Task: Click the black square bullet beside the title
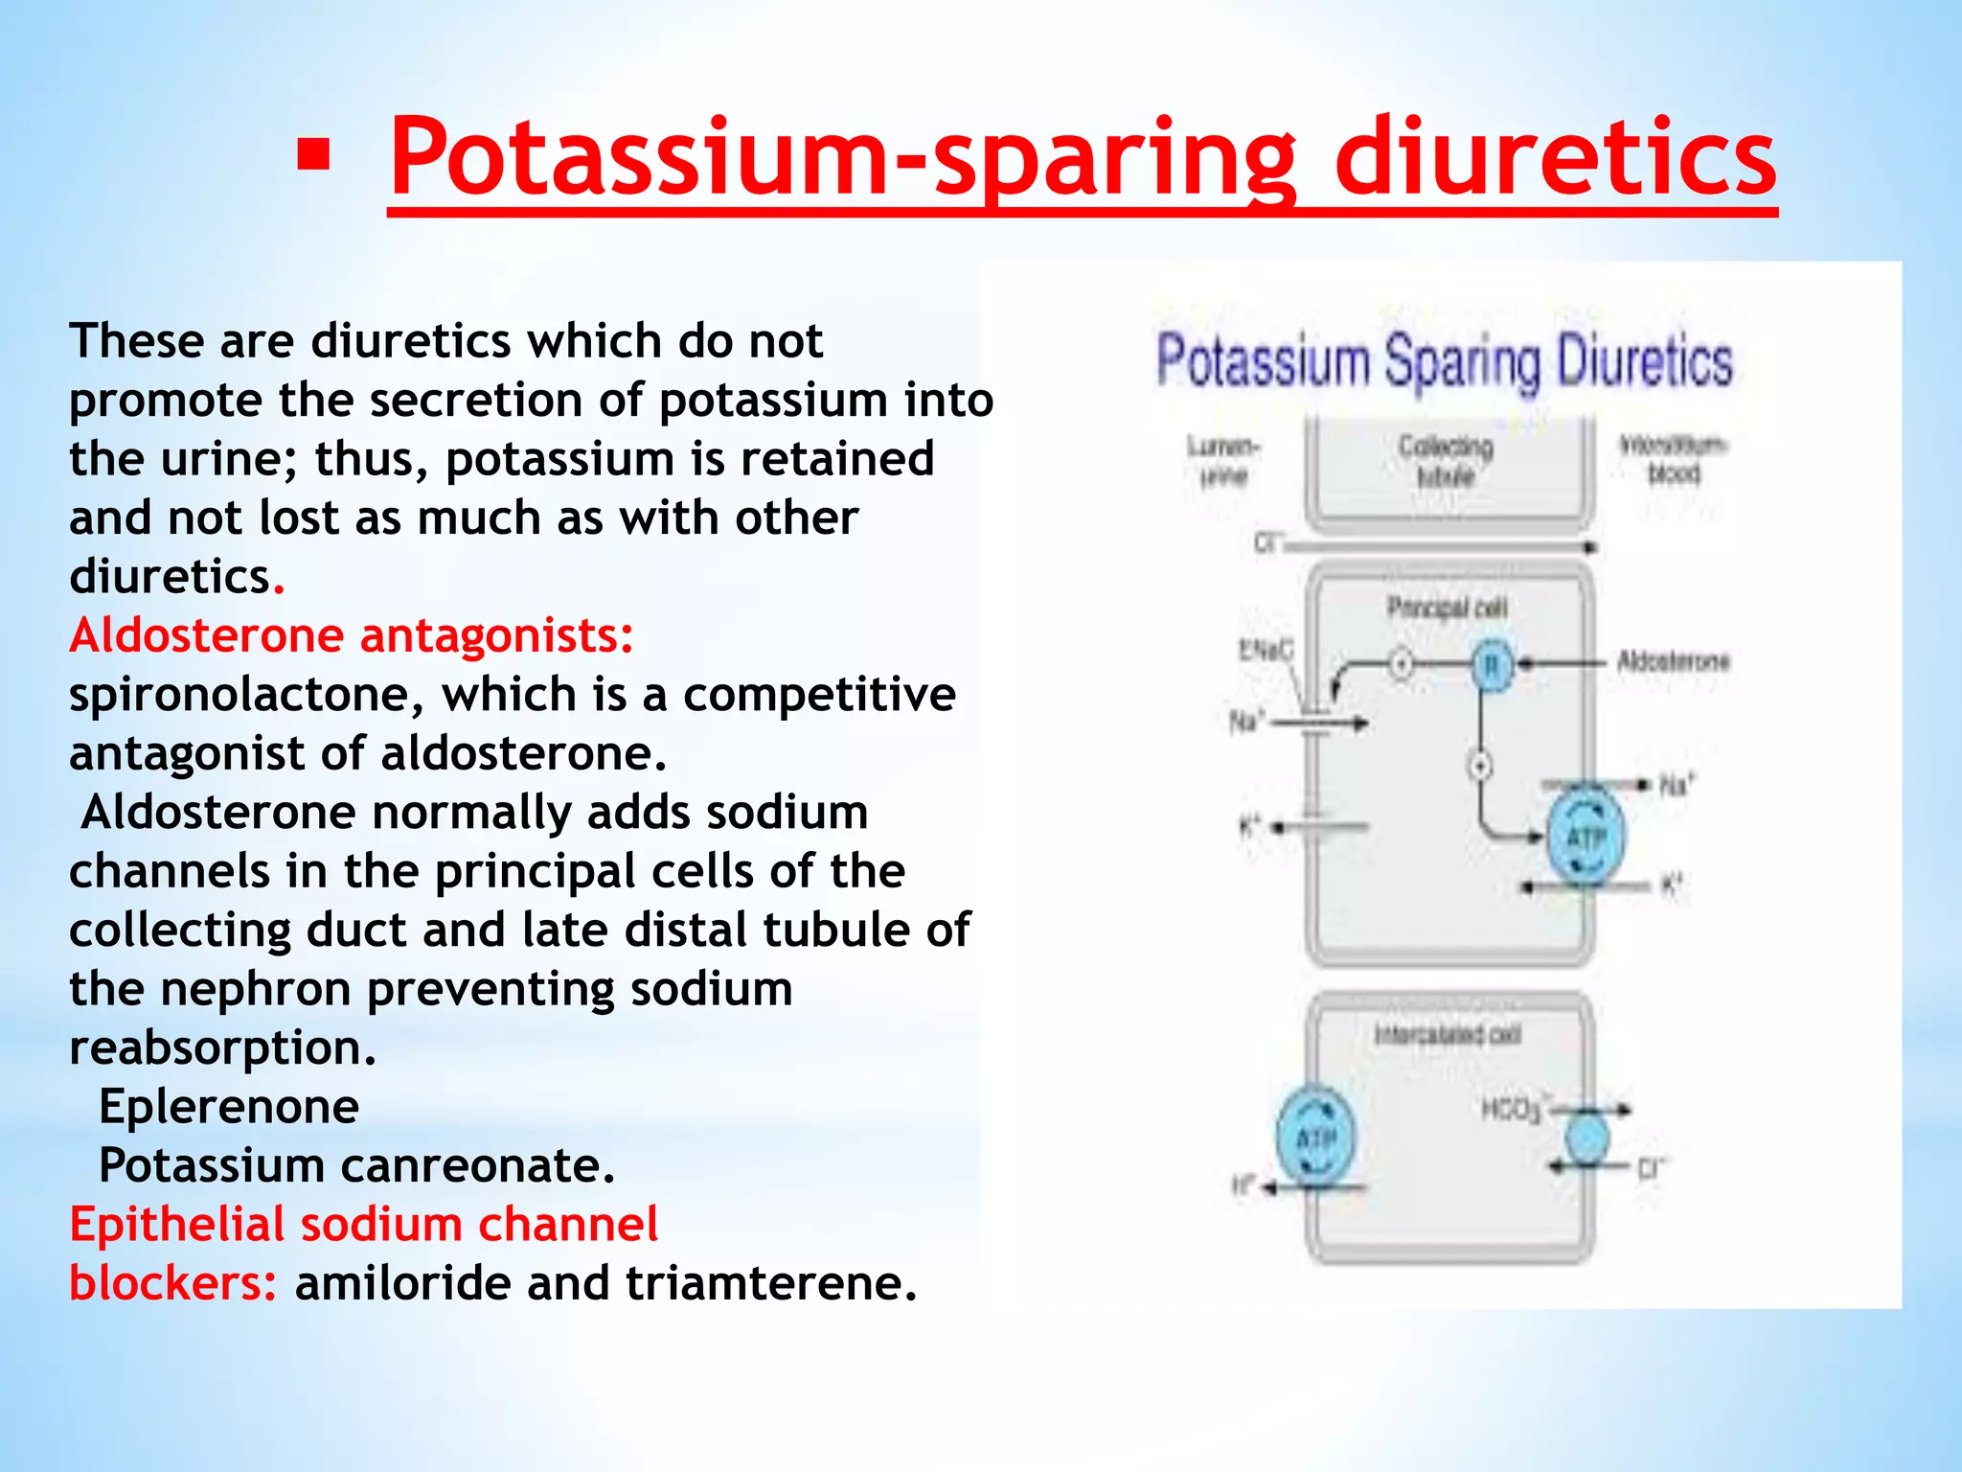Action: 313,156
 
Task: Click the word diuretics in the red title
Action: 1554,156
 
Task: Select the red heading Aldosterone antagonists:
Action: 352,635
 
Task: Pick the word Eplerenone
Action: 229,1107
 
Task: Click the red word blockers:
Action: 173,1283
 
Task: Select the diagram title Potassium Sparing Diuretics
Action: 1444,361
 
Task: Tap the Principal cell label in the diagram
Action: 1447,608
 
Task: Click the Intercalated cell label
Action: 1447,1035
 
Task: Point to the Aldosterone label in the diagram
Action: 1673,661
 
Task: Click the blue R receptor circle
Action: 1491,664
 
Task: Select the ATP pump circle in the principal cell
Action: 1586,837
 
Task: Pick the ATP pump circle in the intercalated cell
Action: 1316,1138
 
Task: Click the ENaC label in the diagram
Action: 1265,651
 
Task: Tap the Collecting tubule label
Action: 1446,460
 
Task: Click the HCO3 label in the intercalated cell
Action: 1512,1110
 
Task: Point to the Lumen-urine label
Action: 1223,460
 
